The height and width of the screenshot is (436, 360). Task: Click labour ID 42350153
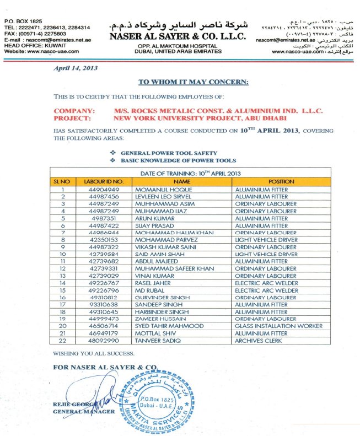(x=104, y=240)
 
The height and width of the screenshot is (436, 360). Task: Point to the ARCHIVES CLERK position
(x=258, y=341)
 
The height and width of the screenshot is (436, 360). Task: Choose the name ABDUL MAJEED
(x=154, y=261)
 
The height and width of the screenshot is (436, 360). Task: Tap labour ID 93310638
(x=104, y=304)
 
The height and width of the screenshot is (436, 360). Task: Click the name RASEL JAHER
(x=153, y=283)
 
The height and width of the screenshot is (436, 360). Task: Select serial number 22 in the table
(x=63, y=341)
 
